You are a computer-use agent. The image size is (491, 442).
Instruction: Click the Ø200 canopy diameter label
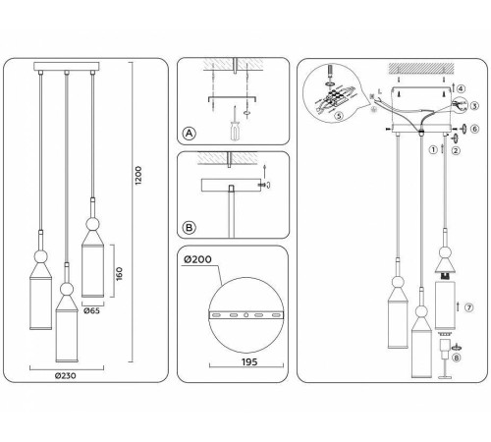tap(196, 259)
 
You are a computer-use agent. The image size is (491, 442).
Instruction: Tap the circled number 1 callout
tap(430, 149)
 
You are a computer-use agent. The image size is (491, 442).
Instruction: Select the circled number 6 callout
tap(473, 129)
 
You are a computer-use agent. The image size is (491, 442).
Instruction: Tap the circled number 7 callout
tap(468, 307)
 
